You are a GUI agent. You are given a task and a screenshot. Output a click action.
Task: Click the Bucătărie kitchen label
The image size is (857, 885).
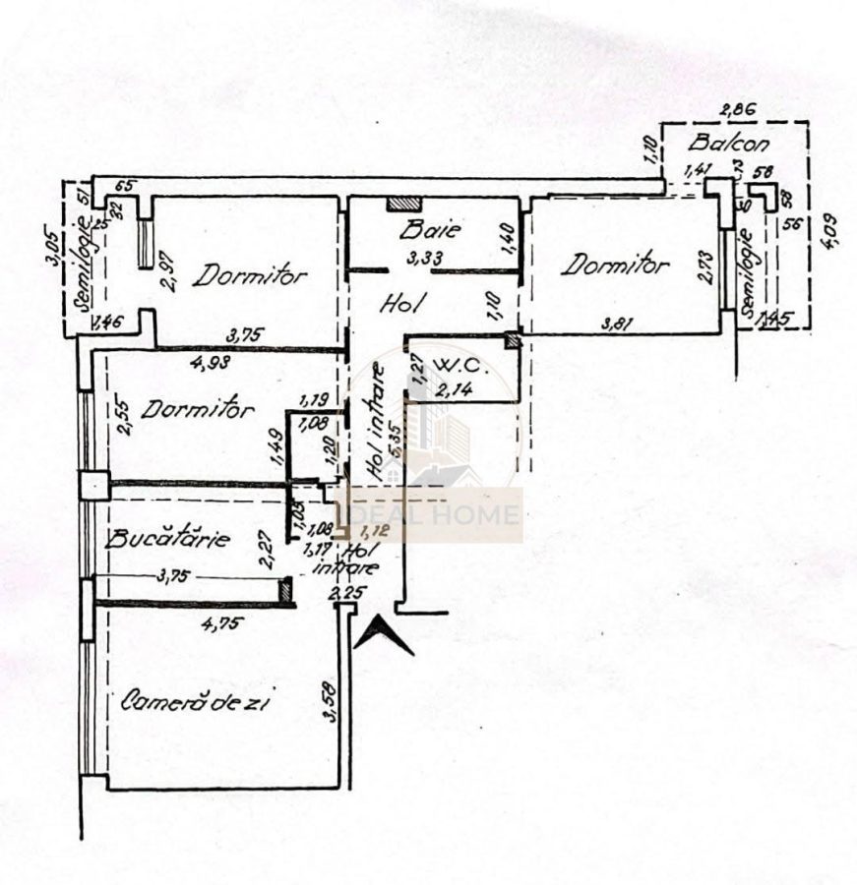click(168, 539)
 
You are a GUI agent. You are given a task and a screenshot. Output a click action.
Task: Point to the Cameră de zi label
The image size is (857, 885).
click(196, 702)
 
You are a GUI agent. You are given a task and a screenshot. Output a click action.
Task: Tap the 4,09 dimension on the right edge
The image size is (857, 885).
click(833, 230)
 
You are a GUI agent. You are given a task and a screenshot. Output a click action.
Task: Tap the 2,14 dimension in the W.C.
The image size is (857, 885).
click(454, 390)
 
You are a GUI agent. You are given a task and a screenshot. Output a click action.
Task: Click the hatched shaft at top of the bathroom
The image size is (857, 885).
click(403, 204)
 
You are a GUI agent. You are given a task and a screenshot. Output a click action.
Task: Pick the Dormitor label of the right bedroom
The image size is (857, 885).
click(616, 265)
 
